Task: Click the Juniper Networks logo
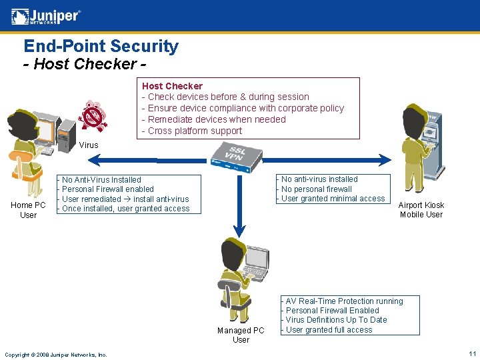click(x=46, y=16)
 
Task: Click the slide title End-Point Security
click(x=101, y=46)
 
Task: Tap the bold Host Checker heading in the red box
click(x=172, y=86)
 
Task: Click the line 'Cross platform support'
click(x=192, y=131)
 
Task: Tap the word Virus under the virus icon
click(x=88, y=145)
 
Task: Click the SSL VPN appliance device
click(x=235, y=157)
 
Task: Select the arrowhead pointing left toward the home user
click(x=95, y=159)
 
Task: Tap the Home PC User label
click(x=28, y=210)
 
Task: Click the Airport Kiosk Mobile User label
click(x=421, y=210)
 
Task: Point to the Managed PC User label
click(x=241, y=335)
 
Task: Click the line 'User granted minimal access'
click(x=331, y=199)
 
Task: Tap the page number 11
click(x=472, y=354)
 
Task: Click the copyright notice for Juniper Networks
click(x=55, y=355)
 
